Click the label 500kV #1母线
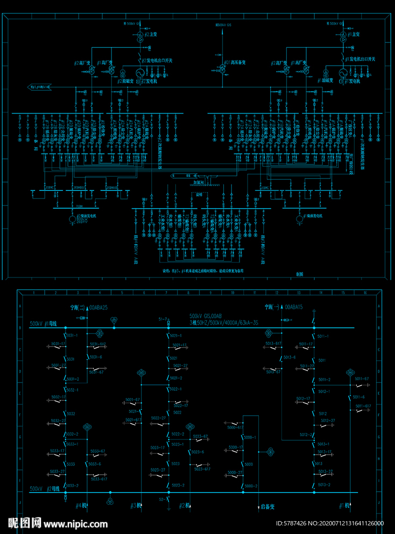(x=43, y=324)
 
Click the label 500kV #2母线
(x=43, y=489)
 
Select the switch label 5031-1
(x=72, y=336)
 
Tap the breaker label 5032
(x=71, y=414)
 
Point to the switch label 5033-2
(x=72, y=485)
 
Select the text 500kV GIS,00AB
(x=206, y=316)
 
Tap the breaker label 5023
(x=175, y=463)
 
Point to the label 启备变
(x=267, y=507)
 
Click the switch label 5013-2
(x=323, y=485)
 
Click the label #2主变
(x=150, y=35)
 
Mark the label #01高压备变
(x=236, y=63)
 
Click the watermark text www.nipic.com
(x=75, y=524)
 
